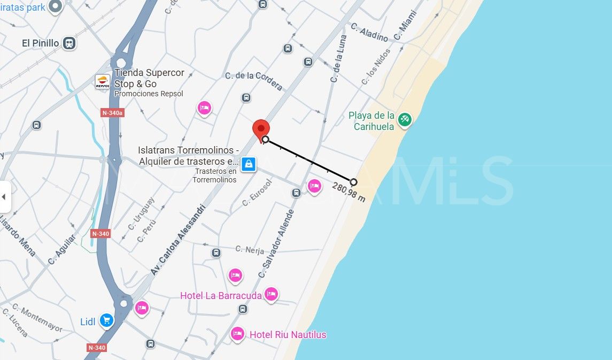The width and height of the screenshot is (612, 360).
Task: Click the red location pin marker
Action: [x=261, y=129]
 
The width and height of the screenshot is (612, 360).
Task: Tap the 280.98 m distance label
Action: [x=349, y=192]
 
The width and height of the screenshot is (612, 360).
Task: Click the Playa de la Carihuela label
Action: [x=371, y=121]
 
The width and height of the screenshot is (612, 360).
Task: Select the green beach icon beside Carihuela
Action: [x=405, y=119]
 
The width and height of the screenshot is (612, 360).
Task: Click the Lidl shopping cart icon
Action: [x=107, y=321]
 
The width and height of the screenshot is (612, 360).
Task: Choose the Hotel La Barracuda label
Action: [x=221, y=295]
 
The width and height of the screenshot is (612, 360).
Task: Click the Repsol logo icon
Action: [x=102, y=82]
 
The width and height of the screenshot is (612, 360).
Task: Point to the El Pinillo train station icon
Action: [x=68, y=43]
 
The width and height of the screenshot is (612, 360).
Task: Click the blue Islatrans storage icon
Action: [x=247, y=164]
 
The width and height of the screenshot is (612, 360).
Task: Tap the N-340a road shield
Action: [x=112, y=113]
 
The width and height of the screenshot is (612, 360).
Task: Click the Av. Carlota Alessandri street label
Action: [x=177, y=240]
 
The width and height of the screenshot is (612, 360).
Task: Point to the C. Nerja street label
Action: [x=250, y=249]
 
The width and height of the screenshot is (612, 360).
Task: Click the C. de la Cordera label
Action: [x=253, y=80]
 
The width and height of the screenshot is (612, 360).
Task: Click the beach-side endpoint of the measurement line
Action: [x=353, y=182]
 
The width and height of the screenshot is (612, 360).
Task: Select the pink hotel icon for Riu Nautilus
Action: [x=237, y=334]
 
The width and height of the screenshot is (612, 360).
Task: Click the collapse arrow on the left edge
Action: [x=4, y=196]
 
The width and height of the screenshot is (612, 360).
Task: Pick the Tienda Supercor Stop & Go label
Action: [x=149, y=78]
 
